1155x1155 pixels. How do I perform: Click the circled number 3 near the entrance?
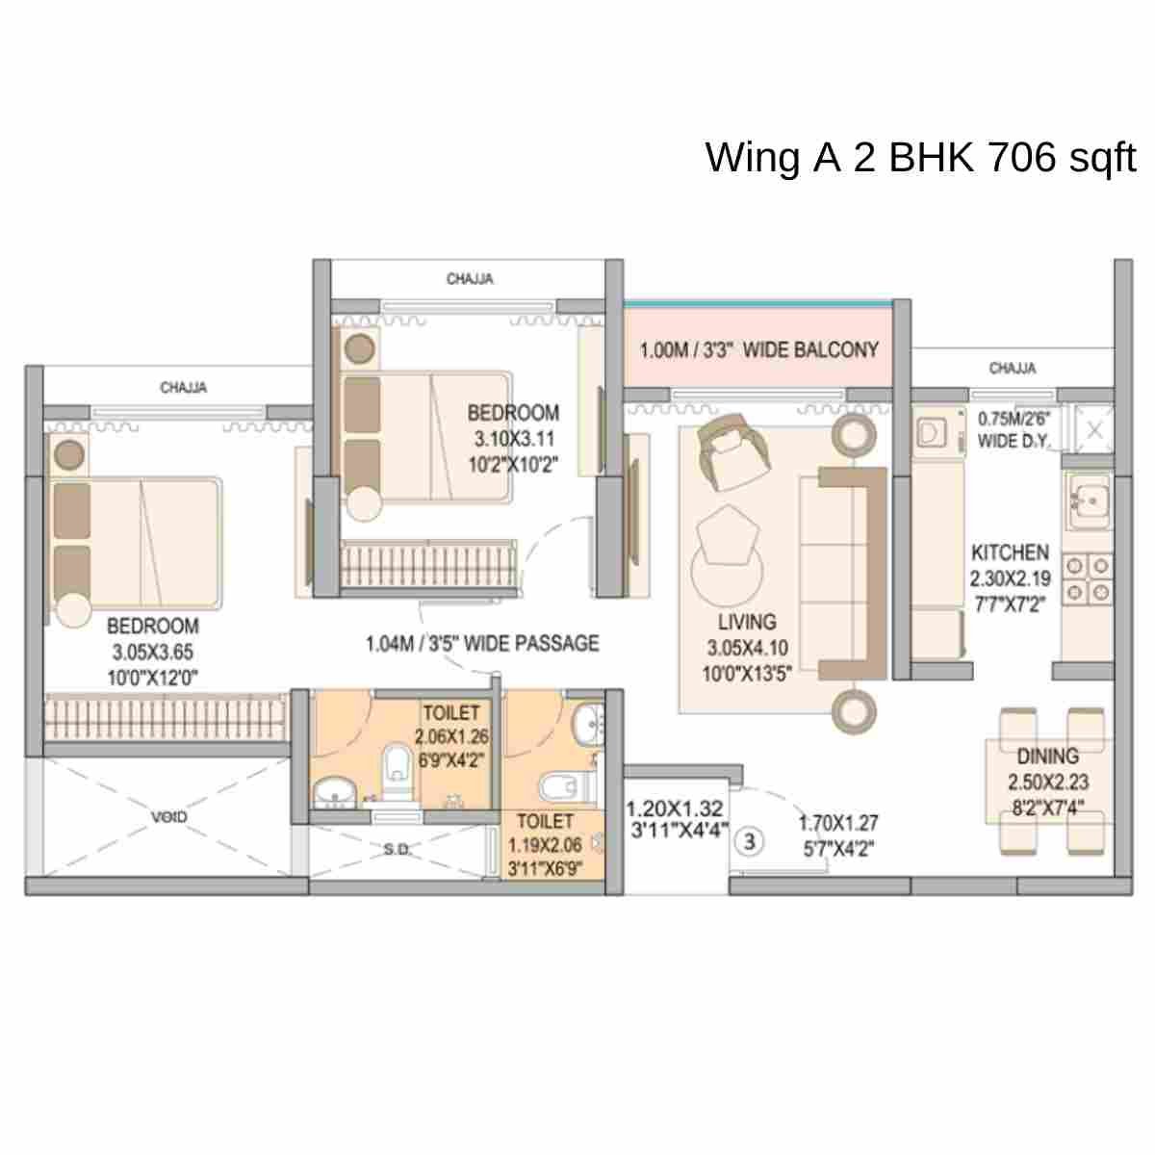[750, 841]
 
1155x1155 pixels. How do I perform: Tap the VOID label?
[168, 817]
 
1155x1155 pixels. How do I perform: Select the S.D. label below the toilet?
[397, 849]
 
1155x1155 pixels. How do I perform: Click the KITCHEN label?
[1010, 552]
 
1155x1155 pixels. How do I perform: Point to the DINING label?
[1047, 757]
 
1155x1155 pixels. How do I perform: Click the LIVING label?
[746, 622]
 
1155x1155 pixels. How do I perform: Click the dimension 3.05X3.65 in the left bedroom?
[153, 652]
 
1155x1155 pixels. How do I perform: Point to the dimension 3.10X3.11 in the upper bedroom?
[513, 439]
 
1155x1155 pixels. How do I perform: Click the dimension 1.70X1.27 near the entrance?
[838, 824]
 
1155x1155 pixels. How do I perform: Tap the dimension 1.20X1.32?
[674, 808]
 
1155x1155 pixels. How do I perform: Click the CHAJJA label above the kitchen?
[1013, 369]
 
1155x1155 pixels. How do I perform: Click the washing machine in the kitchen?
[932, 433]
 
